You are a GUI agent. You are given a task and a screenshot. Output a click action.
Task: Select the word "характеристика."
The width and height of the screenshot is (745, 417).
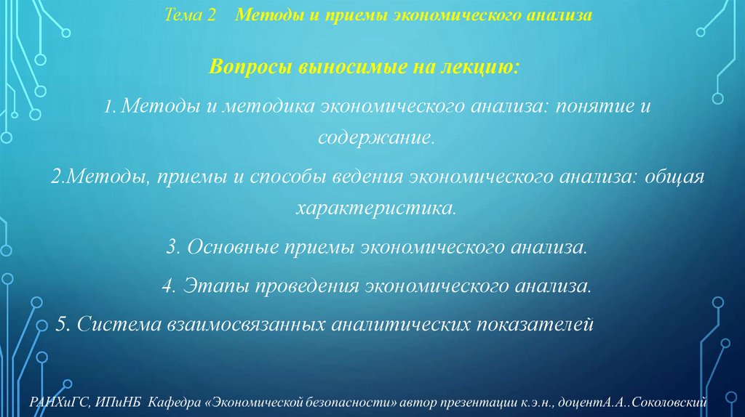pyautogui.click(x=376, y=209)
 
